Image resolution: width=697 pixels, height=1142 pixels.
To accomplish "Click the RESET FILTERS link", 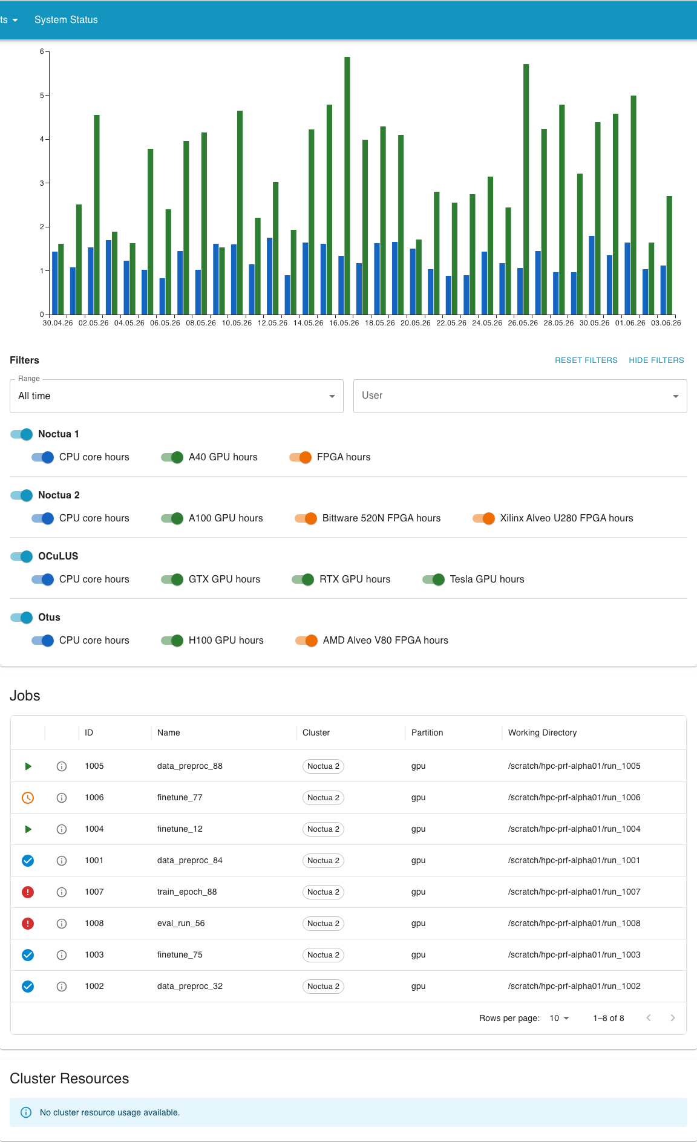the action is [x=586, y=360].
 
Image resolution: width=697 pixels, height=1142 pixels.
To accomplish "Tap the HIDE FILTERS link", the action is [x=656, y=360].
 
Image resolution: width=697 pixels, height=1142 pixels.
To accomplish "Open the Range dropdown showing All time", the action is [x=177, y=396].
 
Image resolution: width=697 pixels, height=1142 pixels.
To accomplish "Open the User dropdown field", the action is [x=520, y=396].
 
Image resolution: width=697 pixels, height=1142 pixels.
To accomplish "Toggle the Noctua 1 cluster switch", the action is [x=22, y=434].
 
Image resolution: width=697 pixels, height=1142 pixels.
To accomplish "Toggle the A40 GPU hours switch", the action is [x=172, y=457].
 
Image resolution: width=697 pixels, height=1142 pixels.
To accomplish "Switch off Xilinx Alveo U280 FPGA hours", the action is [x=484, y=518].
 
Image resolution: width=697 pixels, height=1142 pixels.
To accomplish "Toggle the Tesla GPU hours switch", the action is [x=434, y=579].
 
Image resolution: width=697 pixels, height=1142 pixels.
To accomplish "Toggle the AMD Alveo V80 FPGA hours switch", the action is [x=307, y=641].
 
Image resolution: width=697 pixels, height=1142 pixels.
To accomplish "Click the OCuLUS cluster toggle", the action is [x=22, y=556].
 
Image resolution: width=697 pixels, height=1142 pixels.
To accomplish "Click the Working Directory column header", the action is [x=542, y=733].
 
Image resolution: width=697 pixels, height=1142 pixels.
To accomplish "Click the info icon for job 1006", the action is [x=62, y=798].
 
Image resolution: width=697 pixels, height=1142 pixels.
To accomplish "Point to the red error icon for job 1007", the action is [x=28, y=892].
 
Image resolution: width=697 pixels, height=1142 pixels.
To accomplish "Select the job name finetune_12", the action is [x=180, y=829].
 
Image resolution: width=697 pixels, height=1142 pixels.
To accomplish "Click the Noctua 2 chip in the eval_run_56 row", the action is [x=323, y=924].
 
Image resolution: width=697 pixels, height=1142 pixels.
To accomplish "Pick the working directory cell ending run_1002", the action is [x=574, y=986].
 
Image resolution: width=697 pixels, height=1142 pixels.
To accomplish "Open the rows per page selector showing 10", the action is [x=559, y=1018].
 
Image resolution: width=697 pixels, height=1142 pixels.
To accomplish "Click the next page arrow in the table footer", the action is [x=673, y=1018].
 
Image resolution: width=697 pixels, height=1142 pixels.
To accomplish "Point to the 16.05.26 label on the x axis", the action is [x=344, y=323].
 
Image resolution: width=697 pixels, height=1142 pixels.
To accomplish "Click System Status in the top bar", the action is [x=66, y=20].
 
